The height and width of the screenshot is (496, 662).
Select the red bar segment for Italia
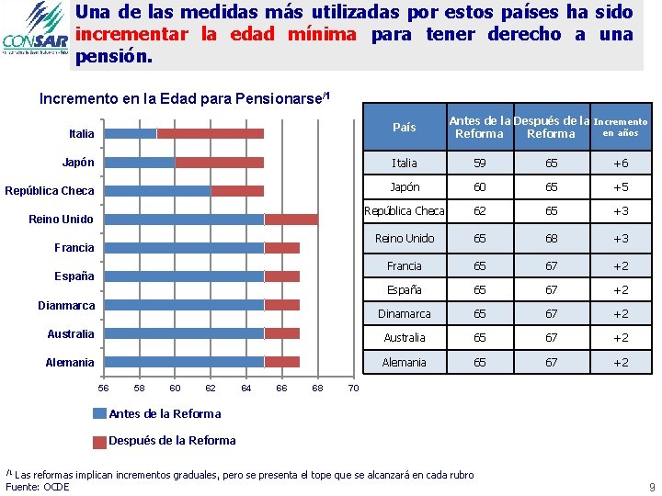[x=210, y=133]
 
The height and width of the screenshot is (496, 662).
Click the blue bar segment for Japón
[x=139, y=163]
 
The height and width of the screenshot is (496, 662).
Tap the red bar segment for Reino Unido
[x=291, y=220]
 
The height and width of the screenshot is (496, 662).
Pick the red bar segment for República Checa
[x=237, y=191]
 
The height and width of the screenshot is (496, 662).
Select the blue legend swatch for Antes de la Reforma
[x=100, y=414]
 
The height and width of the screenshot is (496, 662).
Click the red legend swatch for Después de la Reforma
[x=100, y=441]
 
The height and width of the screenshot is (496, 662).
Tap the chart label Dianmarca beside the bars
[x=65, y=305]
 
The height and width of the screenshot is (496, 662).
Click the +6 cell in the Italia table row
[x=621, y=163]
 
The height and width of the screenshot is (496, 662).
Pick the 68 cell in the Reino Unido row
[x=550, y=238]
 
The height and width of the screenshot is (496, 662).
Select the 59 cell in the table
[x=479, y=163]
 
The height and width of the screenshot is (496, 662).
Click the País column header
[x=405, y=128]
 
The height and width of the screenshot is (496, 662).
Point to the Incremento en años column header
[x=621, y=127]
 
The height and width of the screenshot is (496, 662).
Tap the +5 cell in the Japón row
[x=621, y=186]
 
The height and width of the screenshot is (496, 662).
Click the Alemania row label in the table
[x=405, y=362]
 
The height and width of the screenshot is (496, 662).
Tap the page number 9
[x=651, y=487]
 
